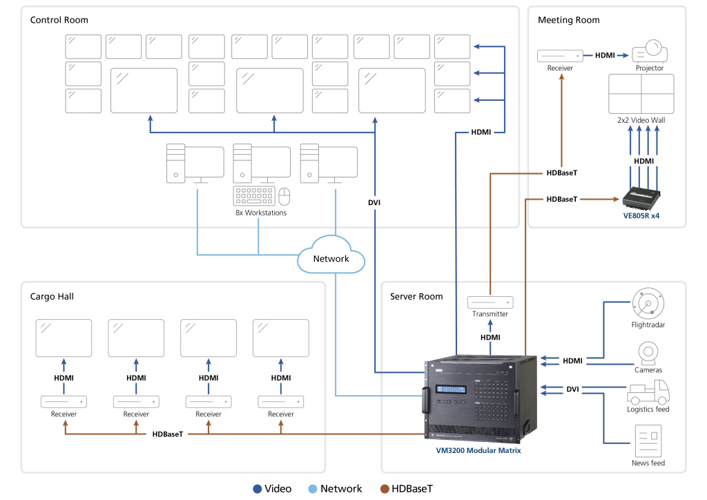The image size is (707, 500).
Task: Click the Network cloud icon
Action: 331,258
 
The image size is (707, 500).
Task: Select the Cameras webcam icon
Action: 648,352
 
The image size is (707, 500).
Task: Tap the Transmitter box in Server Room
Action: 490,302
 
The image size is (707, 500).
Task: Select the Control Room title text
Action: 59,20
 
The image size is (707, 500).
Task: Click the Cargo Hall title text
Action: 52,296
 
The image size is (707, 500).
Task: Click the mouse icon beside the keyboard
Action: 284,196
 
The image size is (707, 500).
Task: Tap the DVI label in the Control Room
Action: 374,203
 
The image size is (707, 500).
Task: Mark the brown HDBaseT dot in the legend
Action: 384,489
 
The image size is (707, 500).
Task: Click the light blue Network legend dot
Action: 313,489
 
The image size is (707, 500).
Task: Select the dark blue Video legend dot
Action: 257,489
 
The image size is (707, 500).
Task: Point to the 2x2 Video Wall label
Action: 641,120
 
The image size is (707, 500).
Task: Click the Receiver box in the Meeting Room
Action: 561,55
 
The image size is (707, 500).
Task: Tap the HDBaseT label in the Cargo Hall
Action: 168,434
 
